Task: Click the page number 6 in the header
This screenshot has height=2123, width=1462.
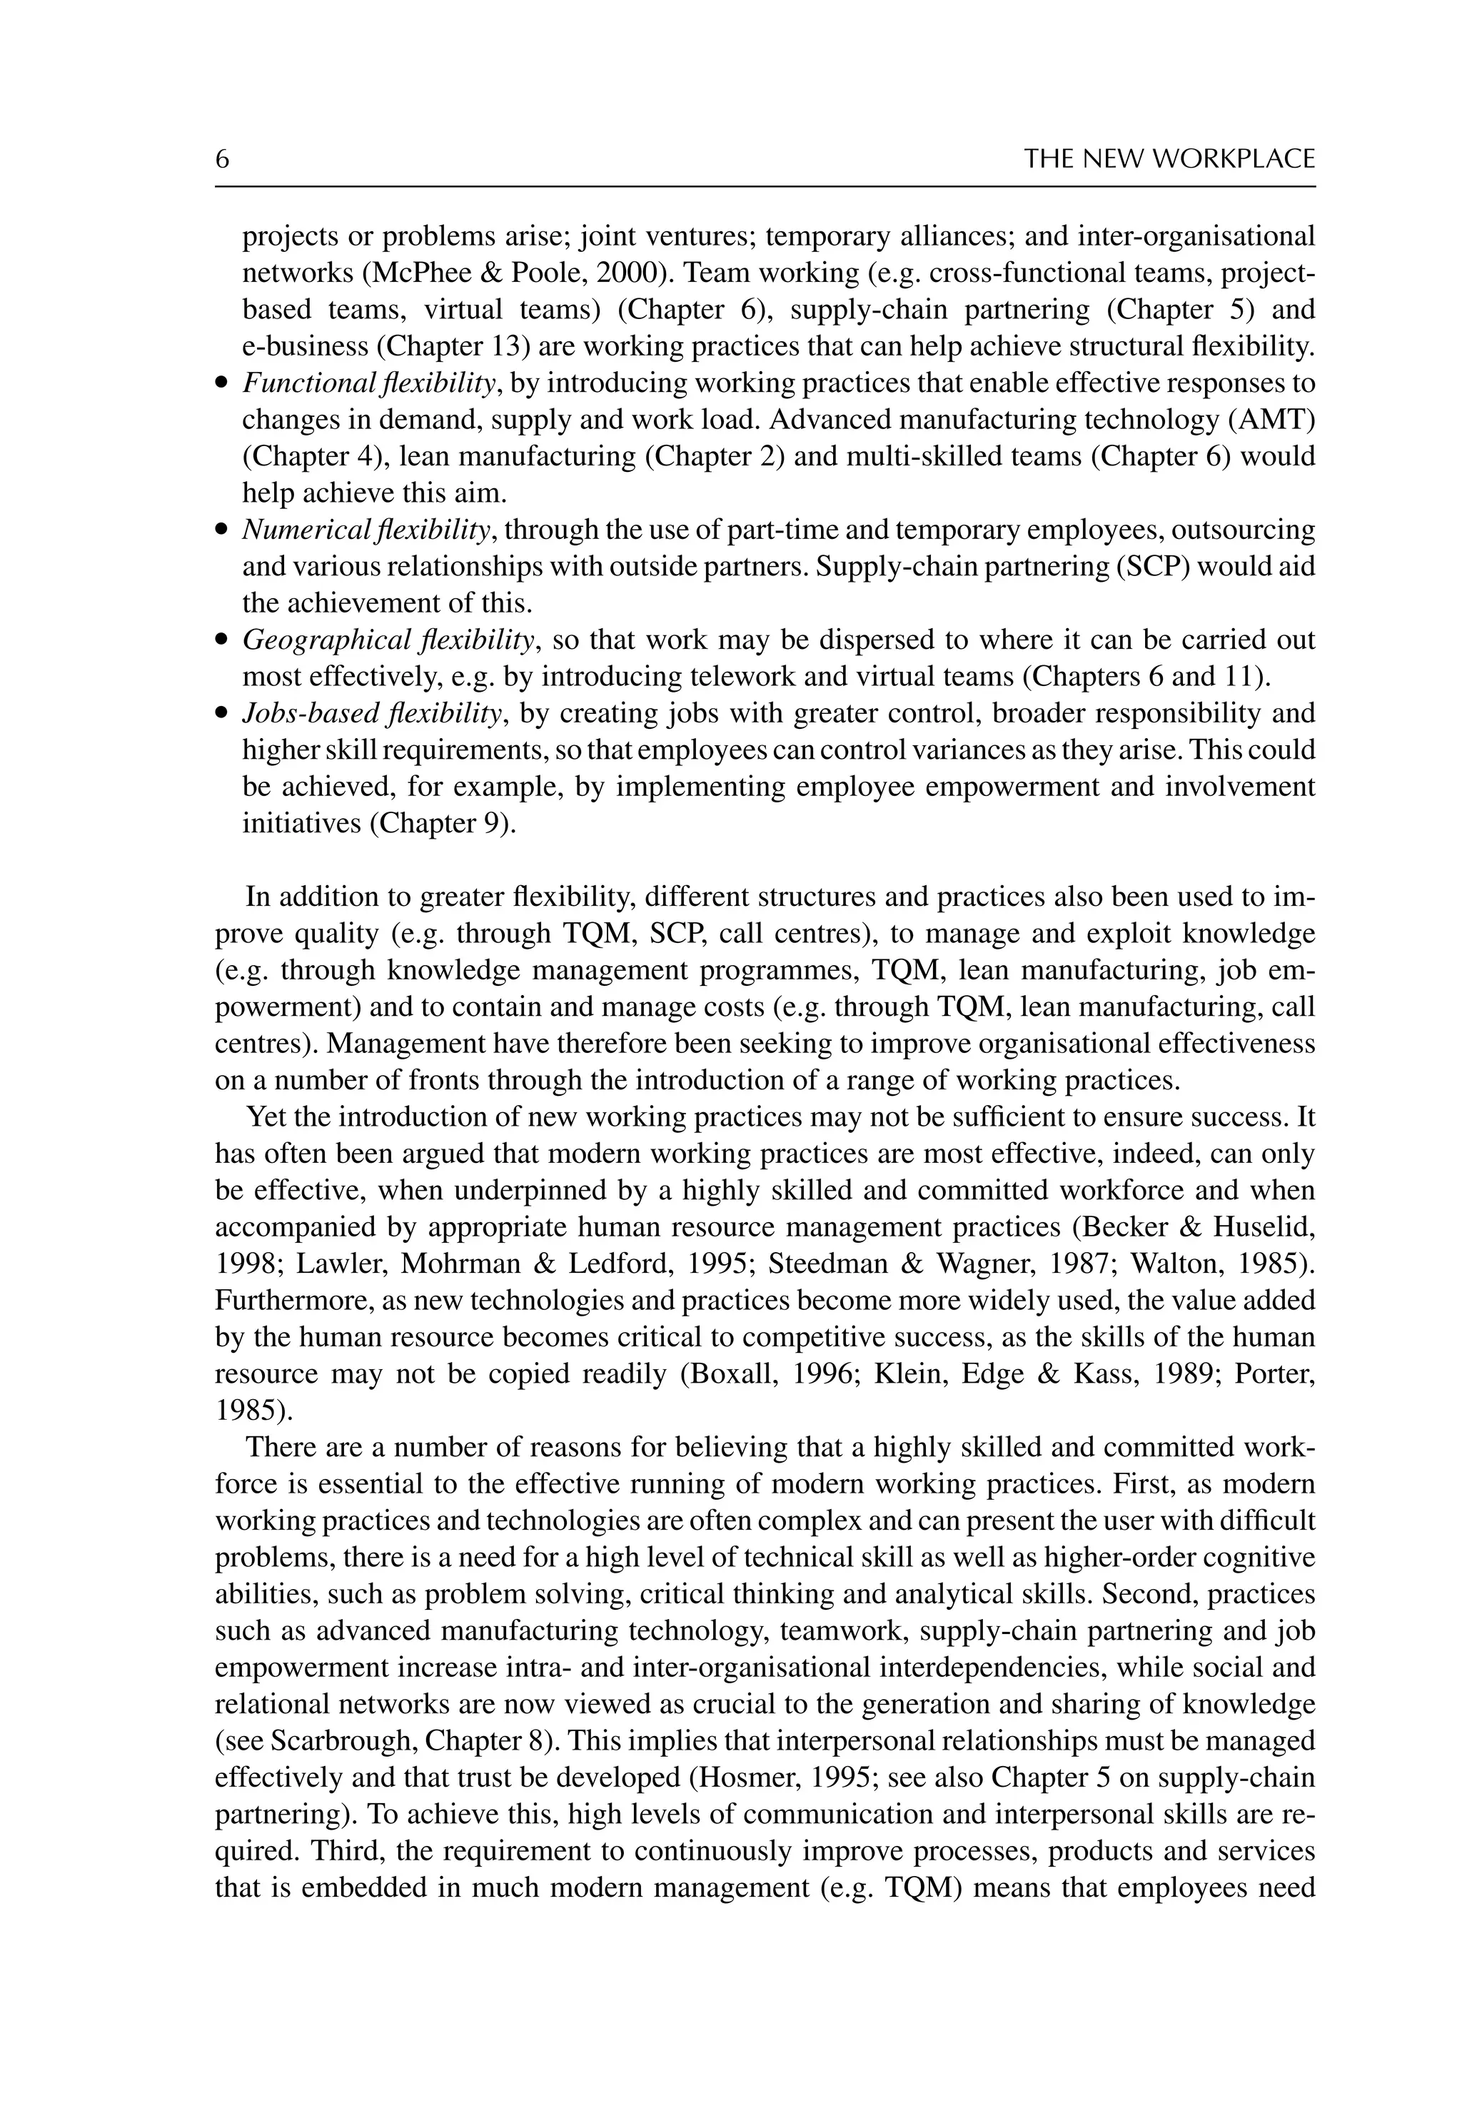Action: (222, 159)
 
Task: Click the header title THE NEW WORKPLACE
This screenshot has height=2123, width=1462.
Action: (1169, 159)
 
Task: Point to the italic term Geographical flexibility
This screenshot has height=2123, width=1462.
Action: (388, 640)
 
